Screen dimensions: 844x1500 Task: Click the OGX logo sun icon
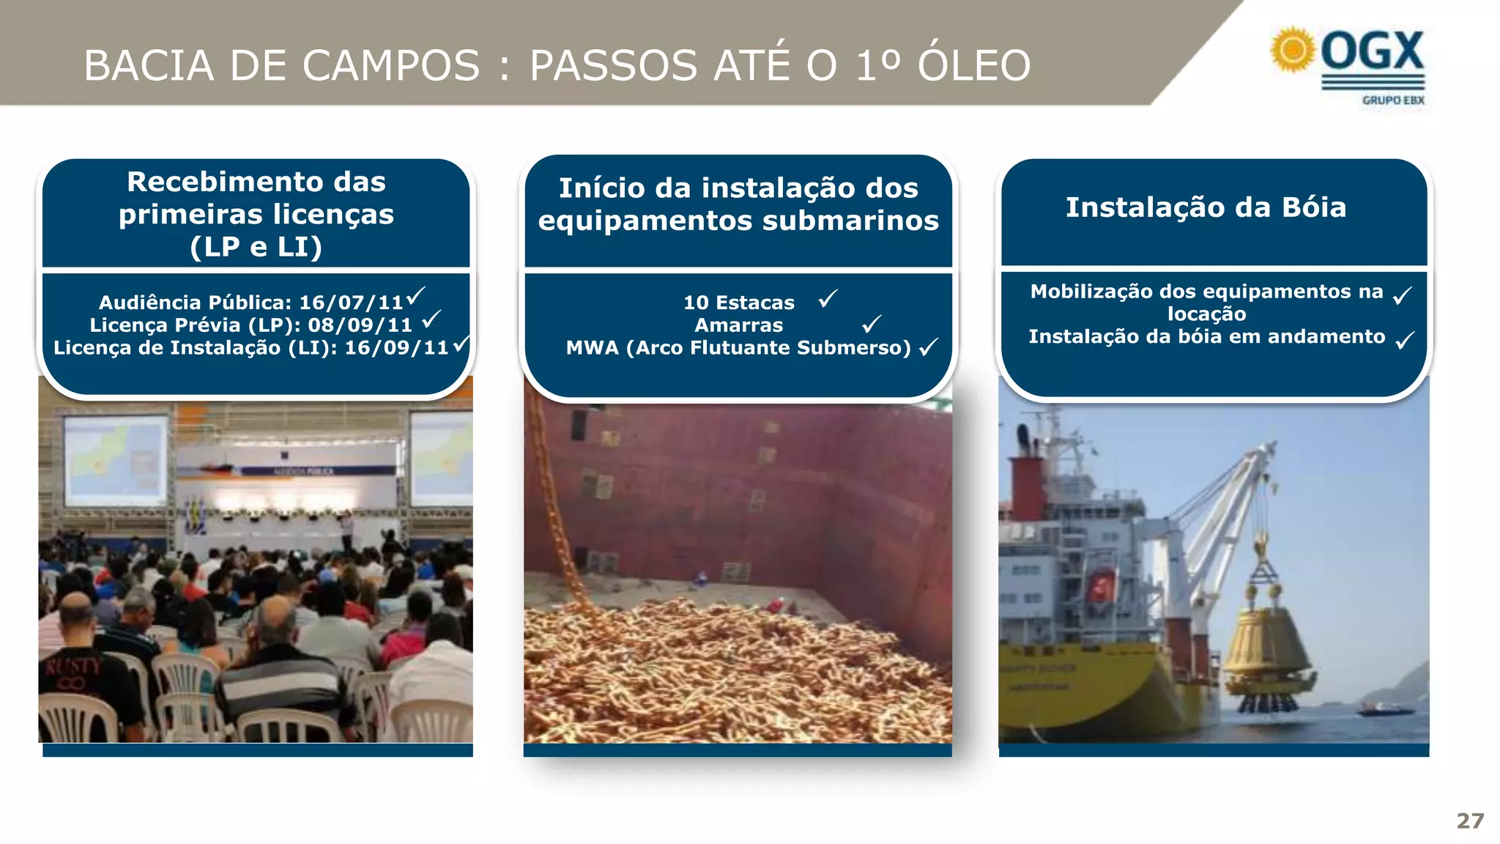click(x=1293, y=50)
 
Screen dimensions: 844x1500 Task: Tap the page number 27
click(x=1470, y=821)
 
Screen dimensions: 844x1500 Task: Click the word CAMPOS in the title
click(x=391, y=65)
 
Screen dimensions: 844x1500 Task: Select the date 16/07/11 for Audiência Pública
click(x=352, y=303)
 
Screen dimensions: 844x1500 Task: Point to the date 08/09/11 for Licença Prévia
click(x=360, y=325)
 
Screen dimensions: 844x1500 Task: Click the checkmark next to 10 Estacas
click(x=828, y=299)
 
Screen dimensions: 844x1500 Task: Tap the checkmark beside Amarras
click(x=872, y=323)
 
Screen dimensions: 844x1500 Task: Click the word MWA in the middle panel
click(x=592, y=348)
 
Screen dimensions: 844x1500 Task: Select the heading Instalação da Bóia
click(x=1206, y=207)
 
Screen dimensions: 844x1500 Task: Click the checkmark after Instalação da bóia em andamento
click(x=1405, y=341)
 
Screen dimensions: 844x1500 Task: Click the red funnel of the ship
click(x=1027, y=487)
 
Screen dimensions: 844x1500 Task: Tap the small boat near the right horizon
click(x=1384, y=708)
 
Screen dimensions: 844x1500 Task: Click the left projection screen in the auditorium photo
click(x=116, y=459)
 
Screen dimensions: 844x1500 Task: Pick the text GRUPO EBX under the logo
click(x=1393, y=100)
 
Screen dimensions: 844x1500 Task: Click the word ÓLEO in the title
click(x=974, y=65)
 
